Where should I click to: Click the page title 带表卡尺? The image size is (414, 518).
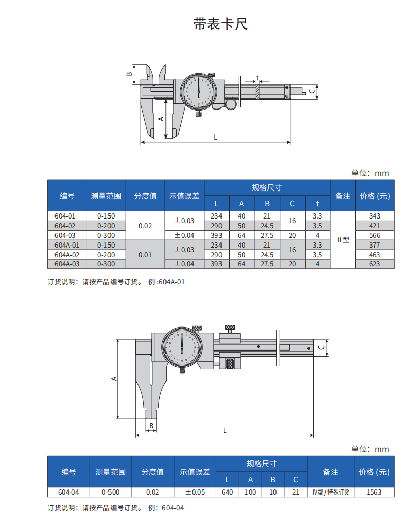220,24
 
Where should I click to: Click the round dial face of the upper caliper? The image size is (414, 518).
199,92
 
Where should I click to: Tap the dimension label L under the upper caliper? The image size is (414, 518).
216,137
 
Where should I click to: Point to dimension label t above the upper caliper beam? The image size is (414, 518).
257,78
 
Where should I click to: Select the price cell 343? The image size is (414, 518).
375,216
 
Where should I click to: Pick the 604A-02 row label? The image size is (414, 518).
67,255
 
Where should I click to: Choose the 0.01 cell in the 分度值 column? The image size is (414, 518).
145,255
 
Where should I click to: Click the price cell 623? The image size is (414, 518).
375,264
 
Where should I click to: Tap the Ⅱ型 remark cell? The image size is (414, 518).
343,240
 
